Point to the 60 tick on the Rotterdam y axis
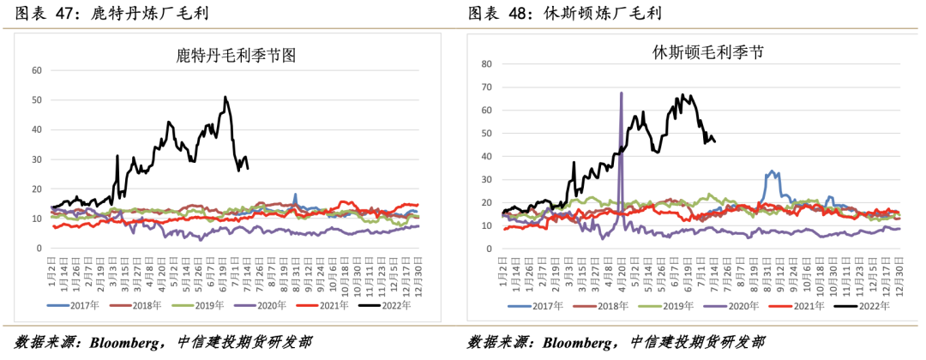[37, 70]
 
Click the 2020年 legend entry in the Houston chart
[743, 305]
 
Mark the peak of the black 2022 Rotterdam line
[225, 97]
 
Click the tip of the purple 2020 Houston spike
[621, 93]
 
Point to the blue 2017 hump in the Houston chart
[773, 172]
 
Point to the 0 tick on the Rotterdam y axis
[39, 249]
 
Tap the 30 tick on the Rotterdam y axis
[37, 159]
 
